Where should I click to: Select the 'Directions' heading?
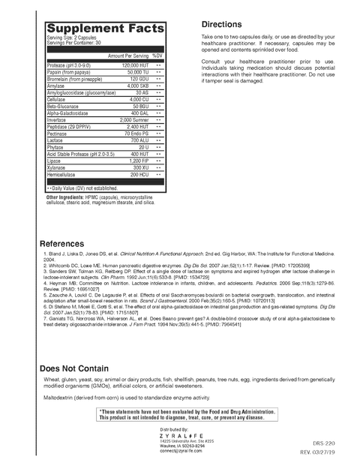pyautogui.click(x=222, y=24)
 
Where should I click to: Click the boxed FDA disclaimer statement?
pyautogui.click(x=187, y=415)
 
